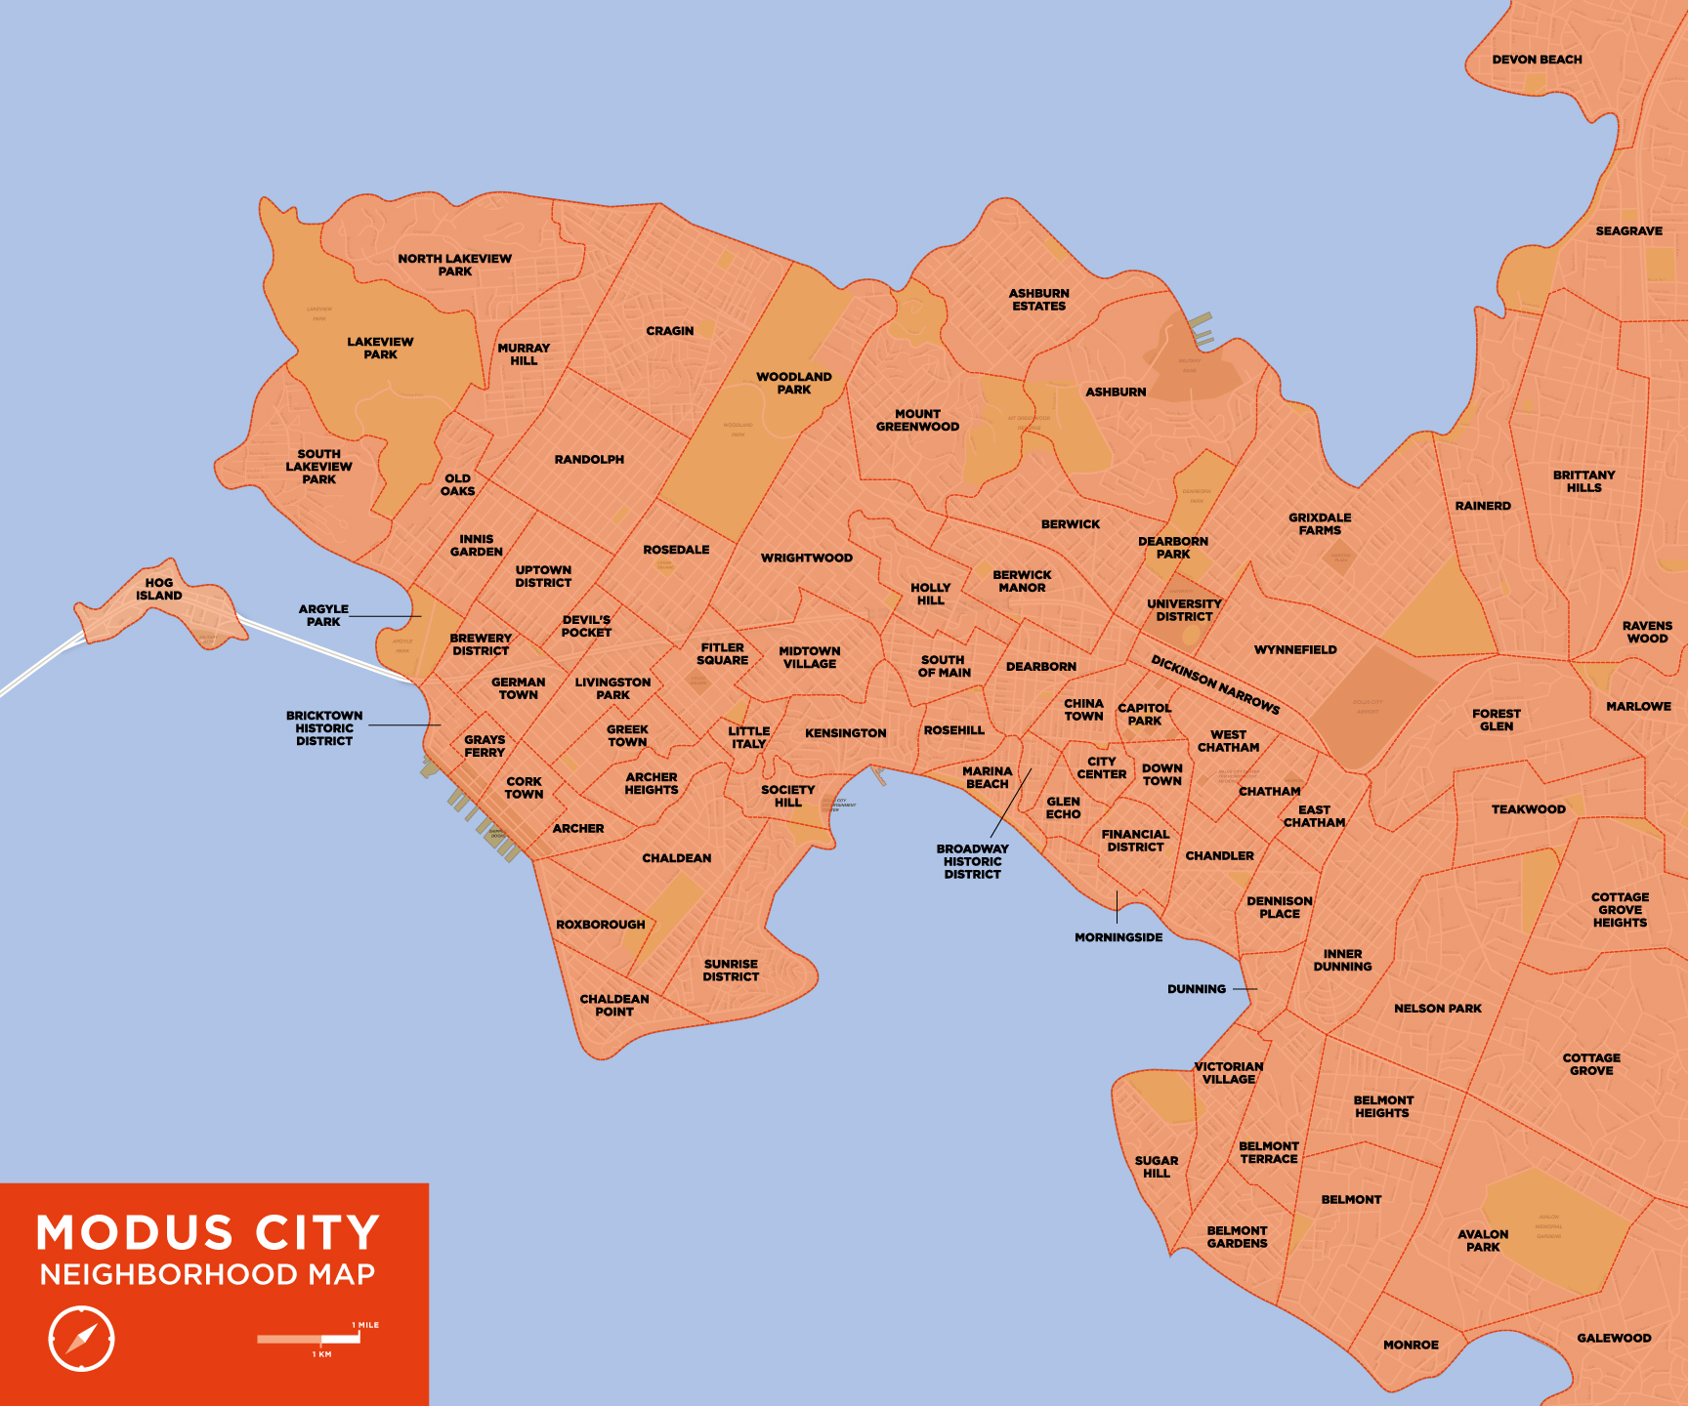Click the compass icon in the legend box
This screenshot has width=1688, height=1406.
81,1338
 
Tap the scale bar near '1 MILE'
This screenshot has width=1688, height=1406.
309,1339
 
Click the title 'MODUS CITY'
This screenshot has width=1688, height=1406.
208,1233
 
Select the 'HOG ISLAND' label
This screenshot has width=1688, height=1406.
159,589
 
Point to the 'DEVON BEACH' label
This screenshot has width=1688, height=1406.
1537,60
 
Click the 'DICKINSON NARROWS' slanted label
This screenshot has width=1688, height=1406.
1215,683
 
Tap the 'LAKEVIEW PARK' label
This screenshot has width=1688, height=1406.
380,348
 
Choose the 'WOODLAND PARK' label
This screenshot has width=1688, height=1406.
793,383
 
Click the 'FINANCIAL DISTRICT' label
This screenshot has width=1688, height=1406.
1135,841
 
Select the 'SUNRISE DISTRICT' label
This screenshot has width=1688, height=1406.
731,970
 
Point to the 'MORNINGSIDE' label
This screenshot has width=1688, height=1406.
1118,937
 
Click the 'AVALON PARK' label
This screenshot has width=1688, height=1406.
1483,1240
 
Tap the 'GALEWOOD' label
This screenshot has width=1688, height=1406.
1614,1338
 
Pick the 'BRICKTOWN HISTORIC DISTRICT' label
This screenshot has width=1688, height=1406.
324,728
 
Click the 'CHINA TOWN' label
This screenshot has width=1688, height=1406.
1083,709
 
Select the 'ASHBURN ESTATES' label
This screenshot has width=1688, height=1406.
1038,300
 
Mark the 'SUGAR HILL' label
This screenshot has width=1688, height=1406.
1157,1167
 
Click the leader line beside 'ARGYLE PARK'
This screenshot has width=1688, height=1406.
385,616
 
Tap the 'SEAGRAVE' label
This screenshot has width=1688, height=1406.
1628,231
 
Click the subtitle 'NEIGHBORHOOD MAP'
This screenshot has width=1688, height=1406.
207,1274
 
